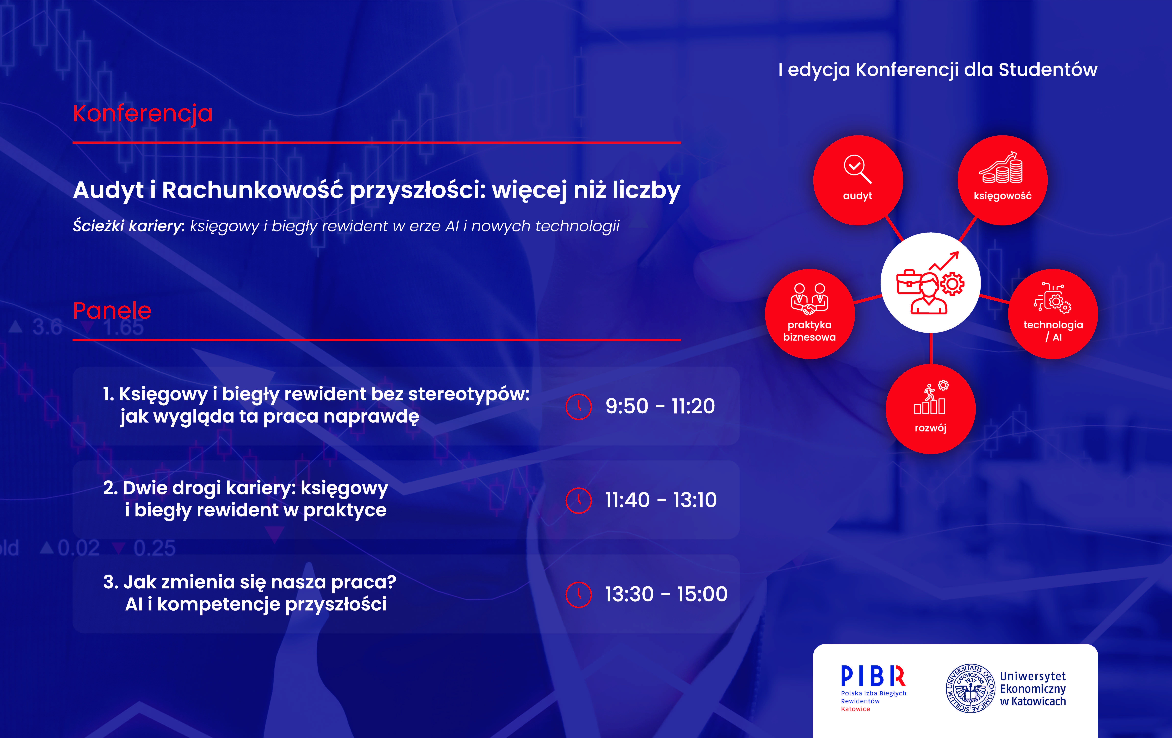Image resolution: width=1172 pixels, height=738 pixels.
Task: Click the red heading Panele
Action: tap(112, 311)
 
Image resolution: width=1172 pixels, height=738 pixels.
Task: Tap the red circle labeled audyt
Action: tap(858, 180)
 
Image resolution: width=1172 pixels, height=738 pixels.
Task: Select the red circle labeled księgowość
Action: tap(1002, 180)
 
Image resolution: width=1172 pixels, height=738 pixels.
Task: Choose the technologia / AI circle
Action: tap(1053, 314)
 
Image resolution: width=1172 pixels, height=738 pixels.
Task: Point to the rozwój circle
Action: tap(931, 409)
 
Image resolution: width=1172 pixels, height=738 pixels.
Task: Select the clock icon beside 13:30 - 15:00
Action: tap(579, 594)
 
